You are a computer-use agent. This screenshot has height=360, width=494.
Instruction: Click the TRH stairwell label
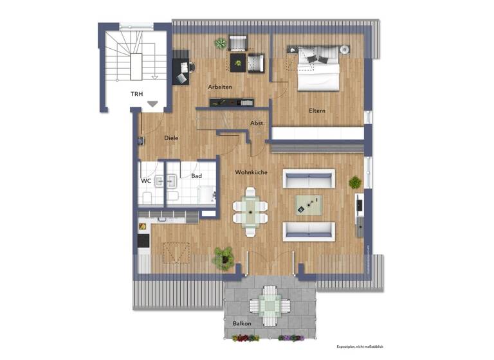(136, 94)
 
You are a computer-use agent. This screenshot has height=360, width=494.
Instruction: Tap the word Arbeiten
(219, 87)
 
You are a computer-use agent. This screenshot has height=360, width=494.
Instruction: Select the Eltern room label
(317, 111)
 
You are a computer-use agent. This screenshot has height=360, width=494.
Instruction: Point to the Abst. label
(257, 123)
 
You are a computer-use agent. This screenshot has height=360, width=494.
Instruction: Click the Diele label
(171, 138)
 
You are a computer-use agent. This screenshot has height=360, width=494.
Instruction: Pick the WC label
(147, 181)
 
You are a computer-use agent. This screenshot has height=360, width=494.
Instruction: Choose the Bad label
(197, 175)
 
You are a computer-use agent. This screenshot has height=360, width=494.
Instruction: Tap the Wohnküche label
(251, 173)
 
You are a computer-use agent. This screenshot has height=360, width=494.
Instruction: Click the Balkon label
(242, 323)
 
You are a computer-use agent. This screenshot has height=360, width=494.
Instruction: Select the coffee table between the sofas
(309, 204)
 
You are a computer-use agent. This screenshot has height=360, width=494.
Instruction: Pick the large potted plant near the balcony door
(223, 258)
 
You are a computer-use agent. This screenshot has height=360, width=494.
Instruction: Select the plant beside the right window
(355, 183)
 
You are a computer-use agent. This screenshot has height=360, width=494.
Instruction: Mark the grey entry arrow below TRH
(152, 103)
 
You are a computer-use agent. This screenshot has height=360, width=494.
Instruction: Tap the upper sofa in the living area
(309, 178)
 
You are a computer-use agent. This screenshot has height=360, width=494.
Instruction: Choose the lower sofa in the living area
(309, 231)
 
